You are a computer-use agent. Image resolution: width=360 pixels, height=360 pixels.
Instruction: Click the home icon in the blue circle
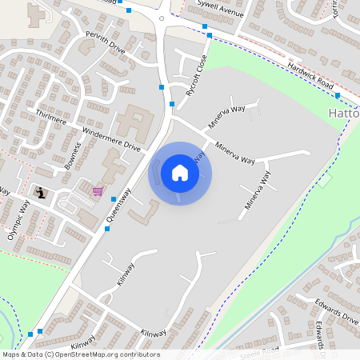pyautogui.click(x=180, y=173)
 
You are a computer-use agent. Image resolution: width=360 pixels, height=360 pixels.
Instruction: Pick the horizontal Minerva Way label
pyautogui.click(x=234, y=150)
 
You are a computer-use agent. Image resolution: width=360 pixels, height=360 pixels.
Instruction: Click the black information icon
pyautogui.click(x=40, y=192)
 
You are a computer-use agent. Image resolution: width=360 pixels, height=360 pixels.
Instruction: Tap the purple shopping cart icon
pyautogui.click(x=98, y=190)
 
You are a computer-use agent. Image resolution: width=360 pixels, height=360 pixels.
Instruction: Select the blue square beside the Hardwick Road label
pyautogui.click(x=338, y=95)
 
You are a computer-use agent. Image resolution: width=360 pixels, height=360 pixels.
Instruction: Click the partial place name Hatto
pyautogui.click(x=344, y=114)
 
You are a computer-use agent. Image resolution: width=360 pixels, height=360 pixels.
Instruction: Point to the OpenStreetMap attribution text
pyautogui.click(x=80, y=354)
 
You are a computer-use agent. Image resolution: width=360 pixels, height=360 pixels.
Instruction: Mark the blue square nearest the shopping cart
pyautogui.click(x=114, y=198)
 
